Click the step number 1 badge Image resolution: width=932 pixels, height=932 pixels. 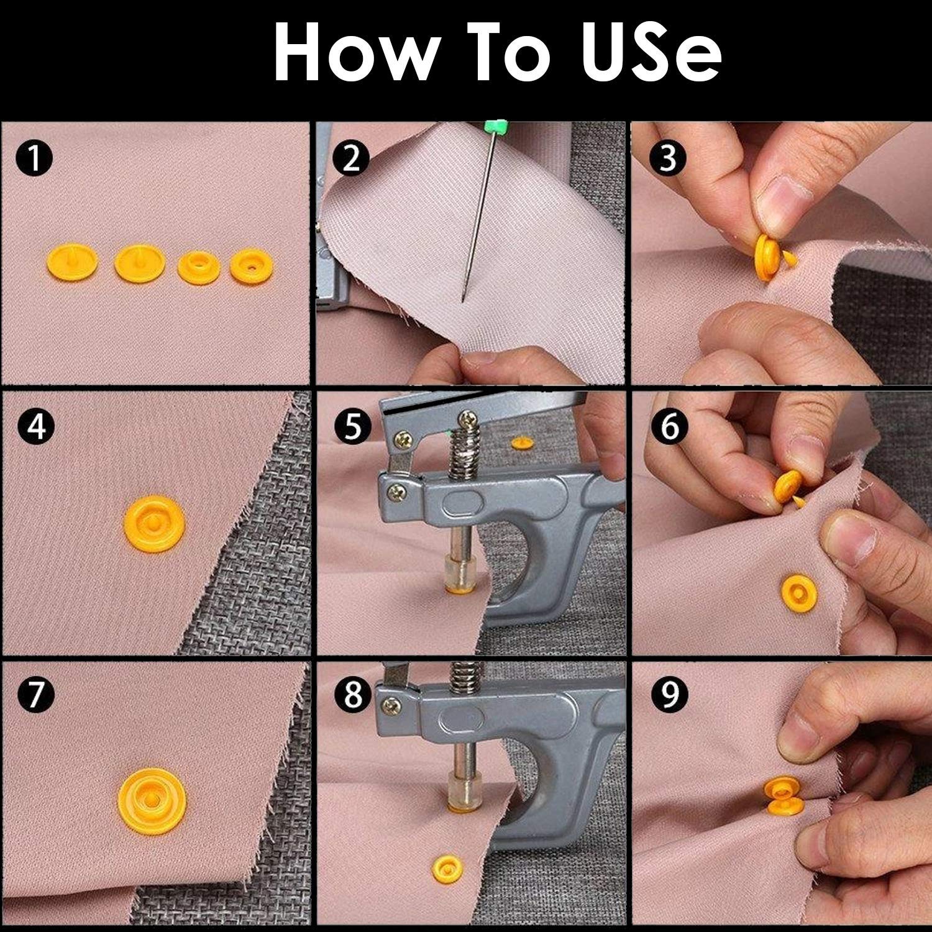35,159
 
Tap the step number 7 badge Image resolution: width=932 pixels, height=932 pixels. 35,695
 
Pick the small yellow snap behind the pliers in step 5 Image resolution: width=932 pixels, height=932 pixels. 521,443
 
